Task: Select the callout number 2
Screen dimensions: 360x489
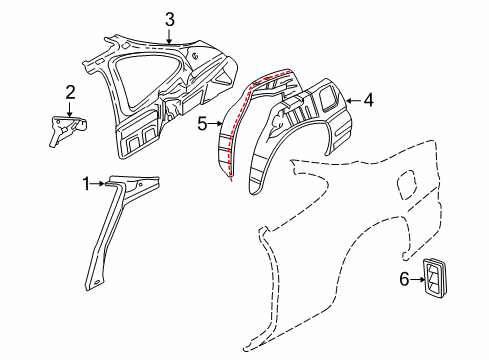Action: coord(70,93)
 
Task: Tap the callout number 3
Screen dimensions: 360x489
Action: coord(169,19)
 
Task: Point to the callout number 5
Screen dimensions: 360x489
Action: coord(202,125)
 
